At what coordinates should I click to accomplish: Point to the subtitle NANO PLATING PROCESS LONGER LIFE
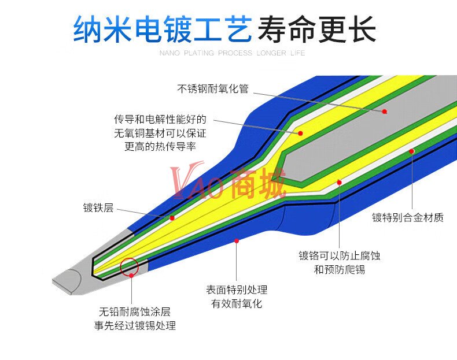(x=232, y=53)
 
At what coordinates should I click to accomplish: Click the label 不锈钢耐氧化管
(x=213, y=89)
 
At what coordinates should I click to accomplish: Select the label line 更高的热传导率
(x=160, y=146)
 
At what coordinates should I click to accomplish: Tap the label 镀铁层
(x=98, y=207)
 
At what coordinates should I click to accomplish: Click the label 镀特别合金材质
(x=408, y=218)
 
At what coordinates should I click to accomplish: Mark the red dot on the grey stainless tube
(x=385, y=111)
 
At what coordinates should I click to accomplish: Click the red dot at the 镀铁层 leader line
(x=172, y=218)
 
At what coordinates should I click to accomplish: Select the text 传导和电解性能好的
(x=160, y=120)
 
